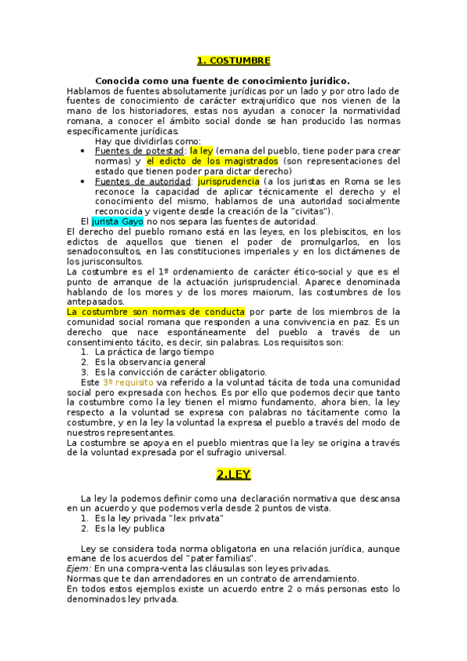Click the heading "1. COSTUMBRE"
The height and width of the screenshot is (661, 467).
tap(233, 60)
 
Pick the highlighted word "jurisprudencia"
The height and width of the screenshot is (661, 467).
tap(228, 181)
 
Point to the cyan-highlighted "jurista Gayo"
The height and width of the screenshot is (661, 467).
tap(118, 221)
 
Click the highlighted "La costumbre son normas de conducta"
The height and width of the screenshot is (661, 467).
tap(135, 312)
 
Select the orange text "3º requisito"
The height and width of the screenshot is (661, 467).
tap(128, 382)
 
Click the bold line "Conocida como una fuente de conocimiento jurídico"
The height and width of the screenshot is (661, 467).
tap(222, 80)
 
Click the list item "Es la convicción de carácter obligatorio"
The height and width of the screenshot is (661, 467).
tap(180, 373)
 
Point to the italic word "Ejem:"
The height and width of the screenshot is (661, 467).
tap(79, 569)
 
